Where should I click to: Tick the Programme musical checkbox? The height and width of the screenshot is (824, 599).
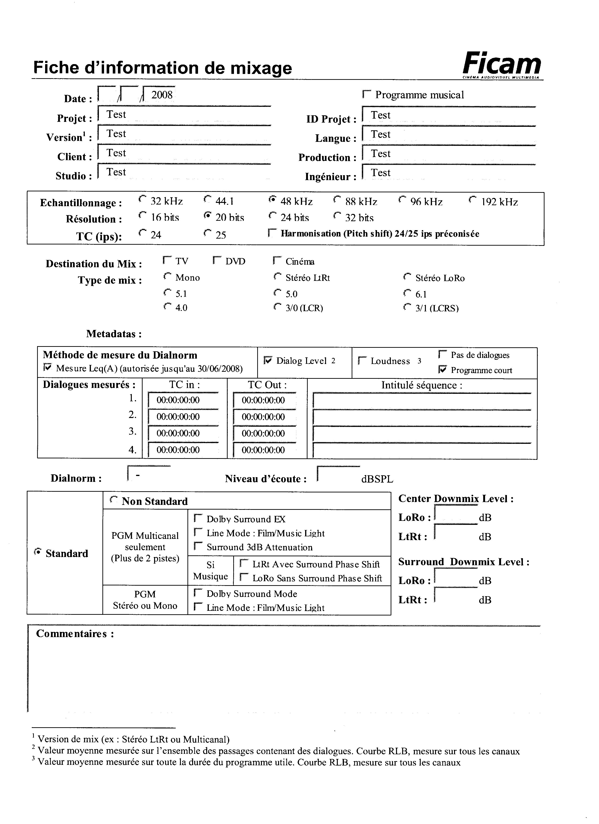coord(367,94)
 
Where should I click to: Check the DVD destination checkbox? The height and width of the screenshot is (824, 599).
coord(217,260)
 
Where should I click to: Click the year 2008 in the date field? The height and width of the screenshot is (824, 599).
coord(162,95)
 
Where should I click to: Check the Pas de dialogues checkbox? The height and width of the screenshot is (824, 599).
coord(442,354)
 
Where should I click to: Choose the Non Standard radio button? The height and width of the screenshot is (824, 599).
coord(114,500)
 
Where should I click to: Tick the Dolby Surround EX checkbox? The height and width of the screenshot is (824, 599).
coord(198,518)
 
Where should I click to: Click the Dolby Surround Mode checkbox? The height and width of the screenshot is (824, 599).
coord(198,593)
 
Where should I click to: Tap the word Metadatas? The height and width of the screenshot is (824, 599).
coord(113,334)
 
